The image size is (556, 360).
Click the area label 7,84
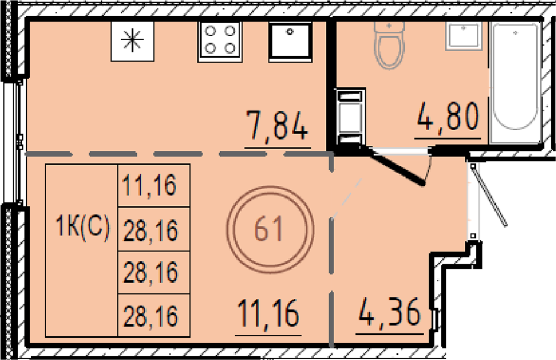(277, 125)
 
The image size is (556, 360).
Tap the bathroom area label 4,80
(448, 116)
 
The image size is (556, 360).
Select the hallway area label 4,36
(389, 313)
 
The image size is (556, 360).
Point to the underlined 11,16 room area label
(269, 313)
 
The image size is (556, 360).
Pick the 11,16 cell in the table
(150, 185)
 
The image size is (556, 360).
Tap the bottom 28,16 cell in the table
(150, 316)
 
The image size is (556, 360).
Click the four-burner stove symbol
(220, 40)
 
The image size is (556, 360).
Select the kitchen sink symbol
(290, 40)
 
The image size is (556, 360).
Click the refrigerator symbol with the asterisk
(132, 41)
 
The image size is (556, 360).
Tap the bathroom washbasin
(463, 36)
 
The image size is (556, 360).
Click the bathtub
(515, 82)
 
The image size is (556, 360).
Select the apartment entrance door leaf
(489, 195)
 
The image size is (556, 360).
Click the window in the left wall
(18, 142)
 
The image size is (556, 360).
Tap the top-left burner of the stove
(211, 31)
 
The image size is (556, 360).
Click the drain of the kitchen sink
(290, 32)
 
